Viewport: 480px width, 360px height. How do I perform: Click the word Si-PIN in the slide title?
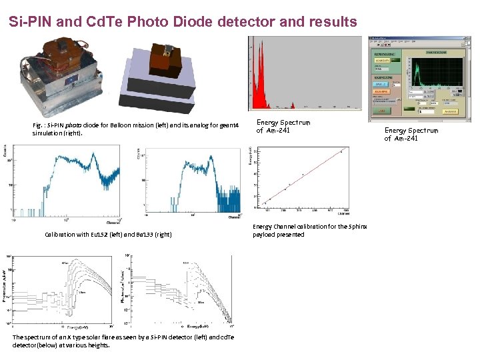(x=31, y=22)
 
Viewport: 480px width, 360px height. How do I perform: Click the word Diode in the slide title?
(x=201, y=22)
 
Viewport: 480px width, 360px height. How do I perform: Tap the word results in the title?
(x=330, y=22)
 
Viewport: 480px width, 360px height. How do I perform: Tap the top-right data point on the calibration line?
(x=341, y=152)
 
